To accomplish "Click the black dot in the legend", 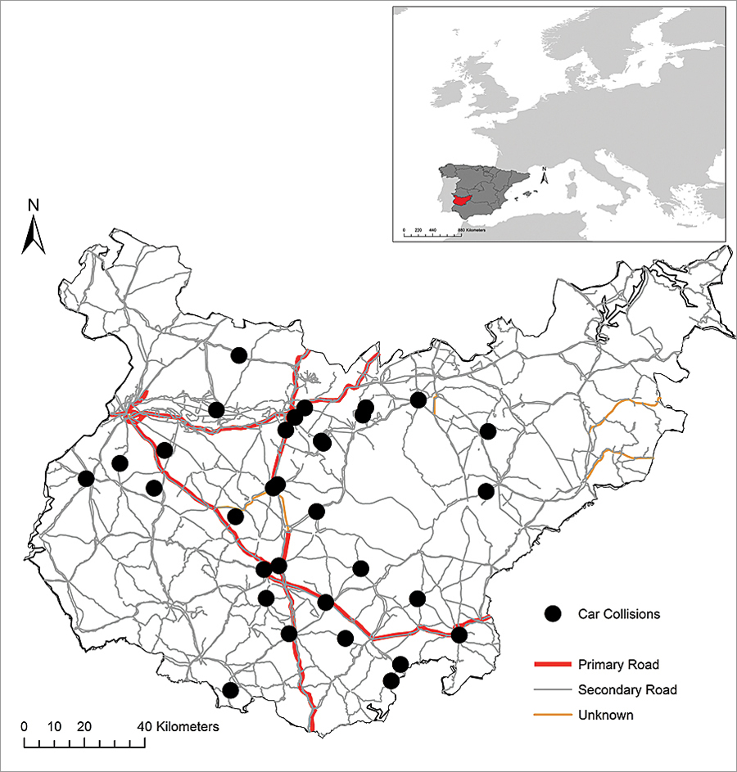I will tap(554, 613).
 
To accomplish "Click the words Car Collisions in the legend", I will tap(617, 613).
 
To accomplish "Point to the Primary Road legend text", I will tap(618, 664).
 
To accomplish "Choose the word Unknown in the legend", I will tap(605, 715).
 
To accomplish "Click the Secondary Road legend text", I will tap(627, 689).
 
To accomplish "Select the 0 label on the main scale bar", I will tap(25, 726).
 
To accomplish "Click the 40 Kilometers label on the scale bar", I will tap(178, 726).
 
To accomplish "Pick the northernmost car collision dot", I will tap(239, 354).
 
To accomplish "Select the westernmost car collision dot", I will tap(86, 478).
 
